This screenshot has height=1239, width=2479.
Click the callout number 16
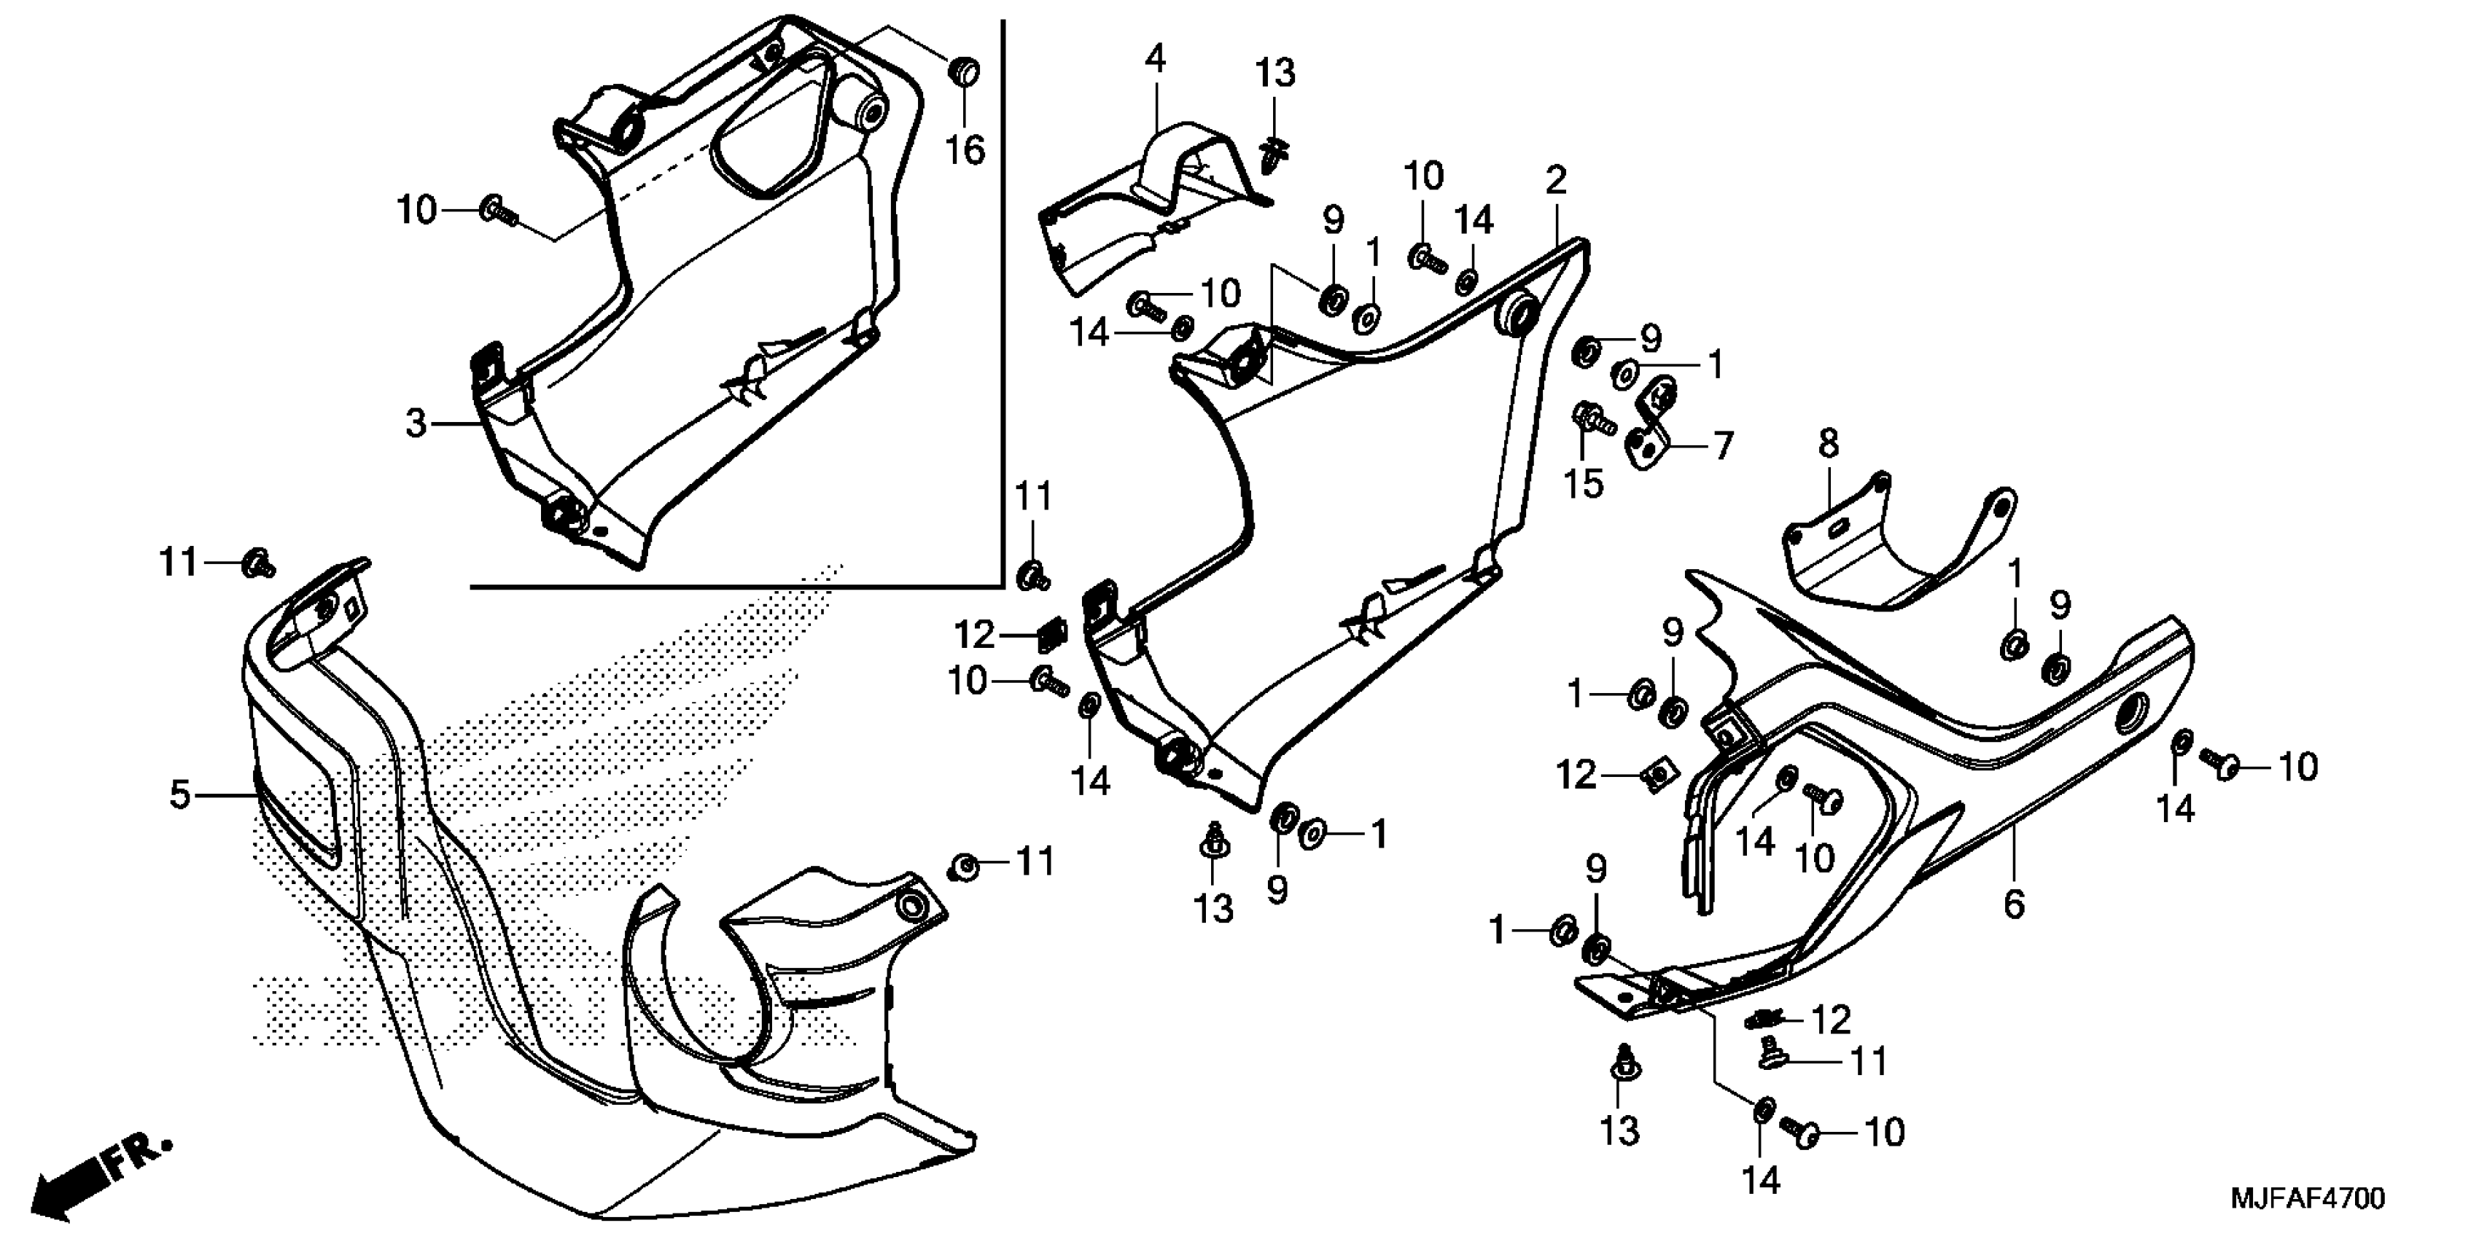point(965,151)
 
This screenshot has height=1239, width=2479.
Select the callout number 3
point(415,423)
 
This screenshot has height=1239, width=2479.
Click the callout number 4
point(1155,60)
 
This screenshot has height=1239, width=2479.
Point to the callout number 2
point(1556,180)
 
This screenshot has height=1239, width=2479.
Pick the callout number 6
point(2014,904)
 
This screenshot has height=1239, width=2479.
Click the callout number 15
point(1583,484)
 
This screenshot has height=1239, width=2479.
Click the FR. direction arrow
point(96,1179)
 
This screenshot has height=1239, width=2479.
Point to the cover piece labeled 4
point(1145,211)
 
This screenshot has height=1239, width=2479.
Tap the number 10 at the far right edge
point(2298,767)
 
